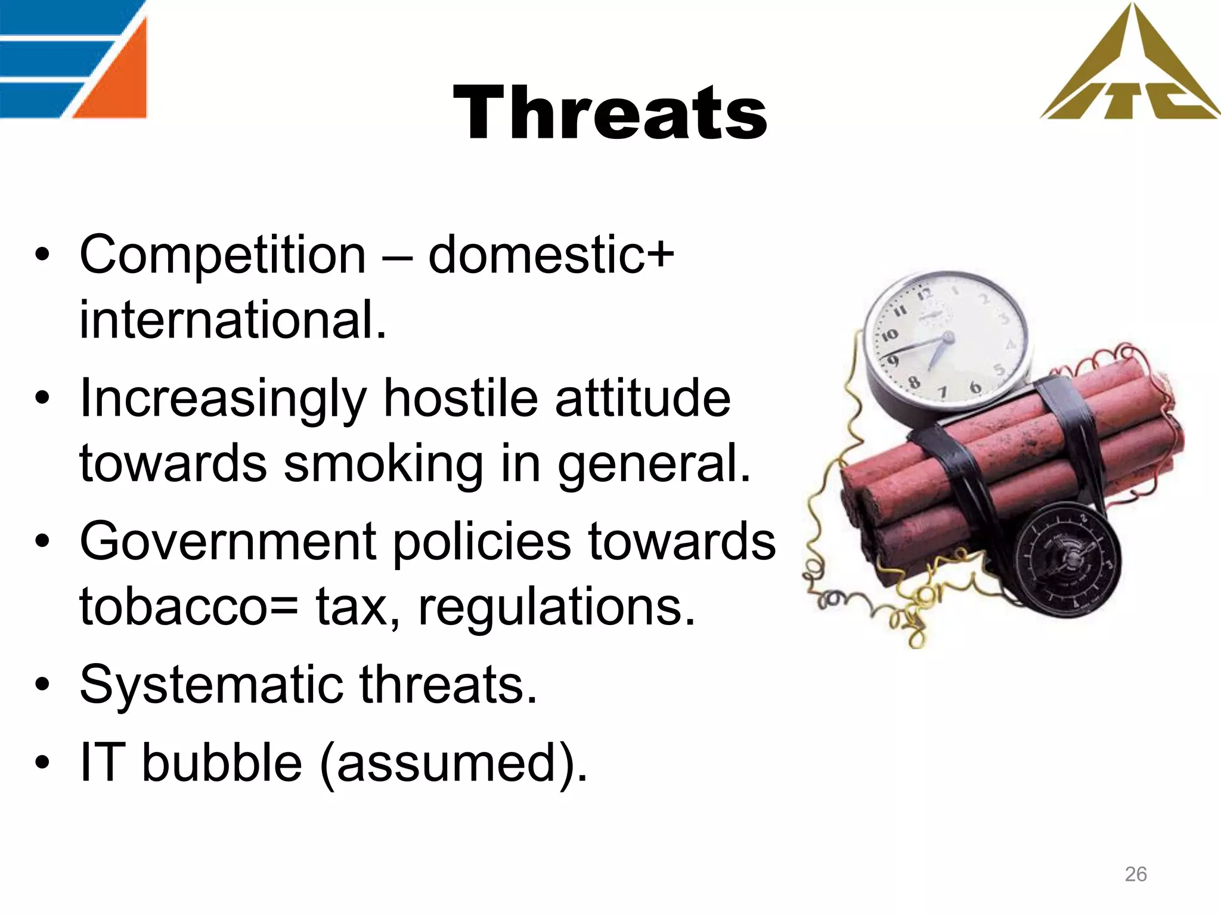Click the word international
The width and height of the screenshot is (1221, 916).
[233, 320]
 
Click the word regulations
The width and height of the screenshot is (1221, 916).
[557, 608]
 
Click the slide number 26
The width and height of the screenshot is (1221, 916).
[1135, 874]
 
